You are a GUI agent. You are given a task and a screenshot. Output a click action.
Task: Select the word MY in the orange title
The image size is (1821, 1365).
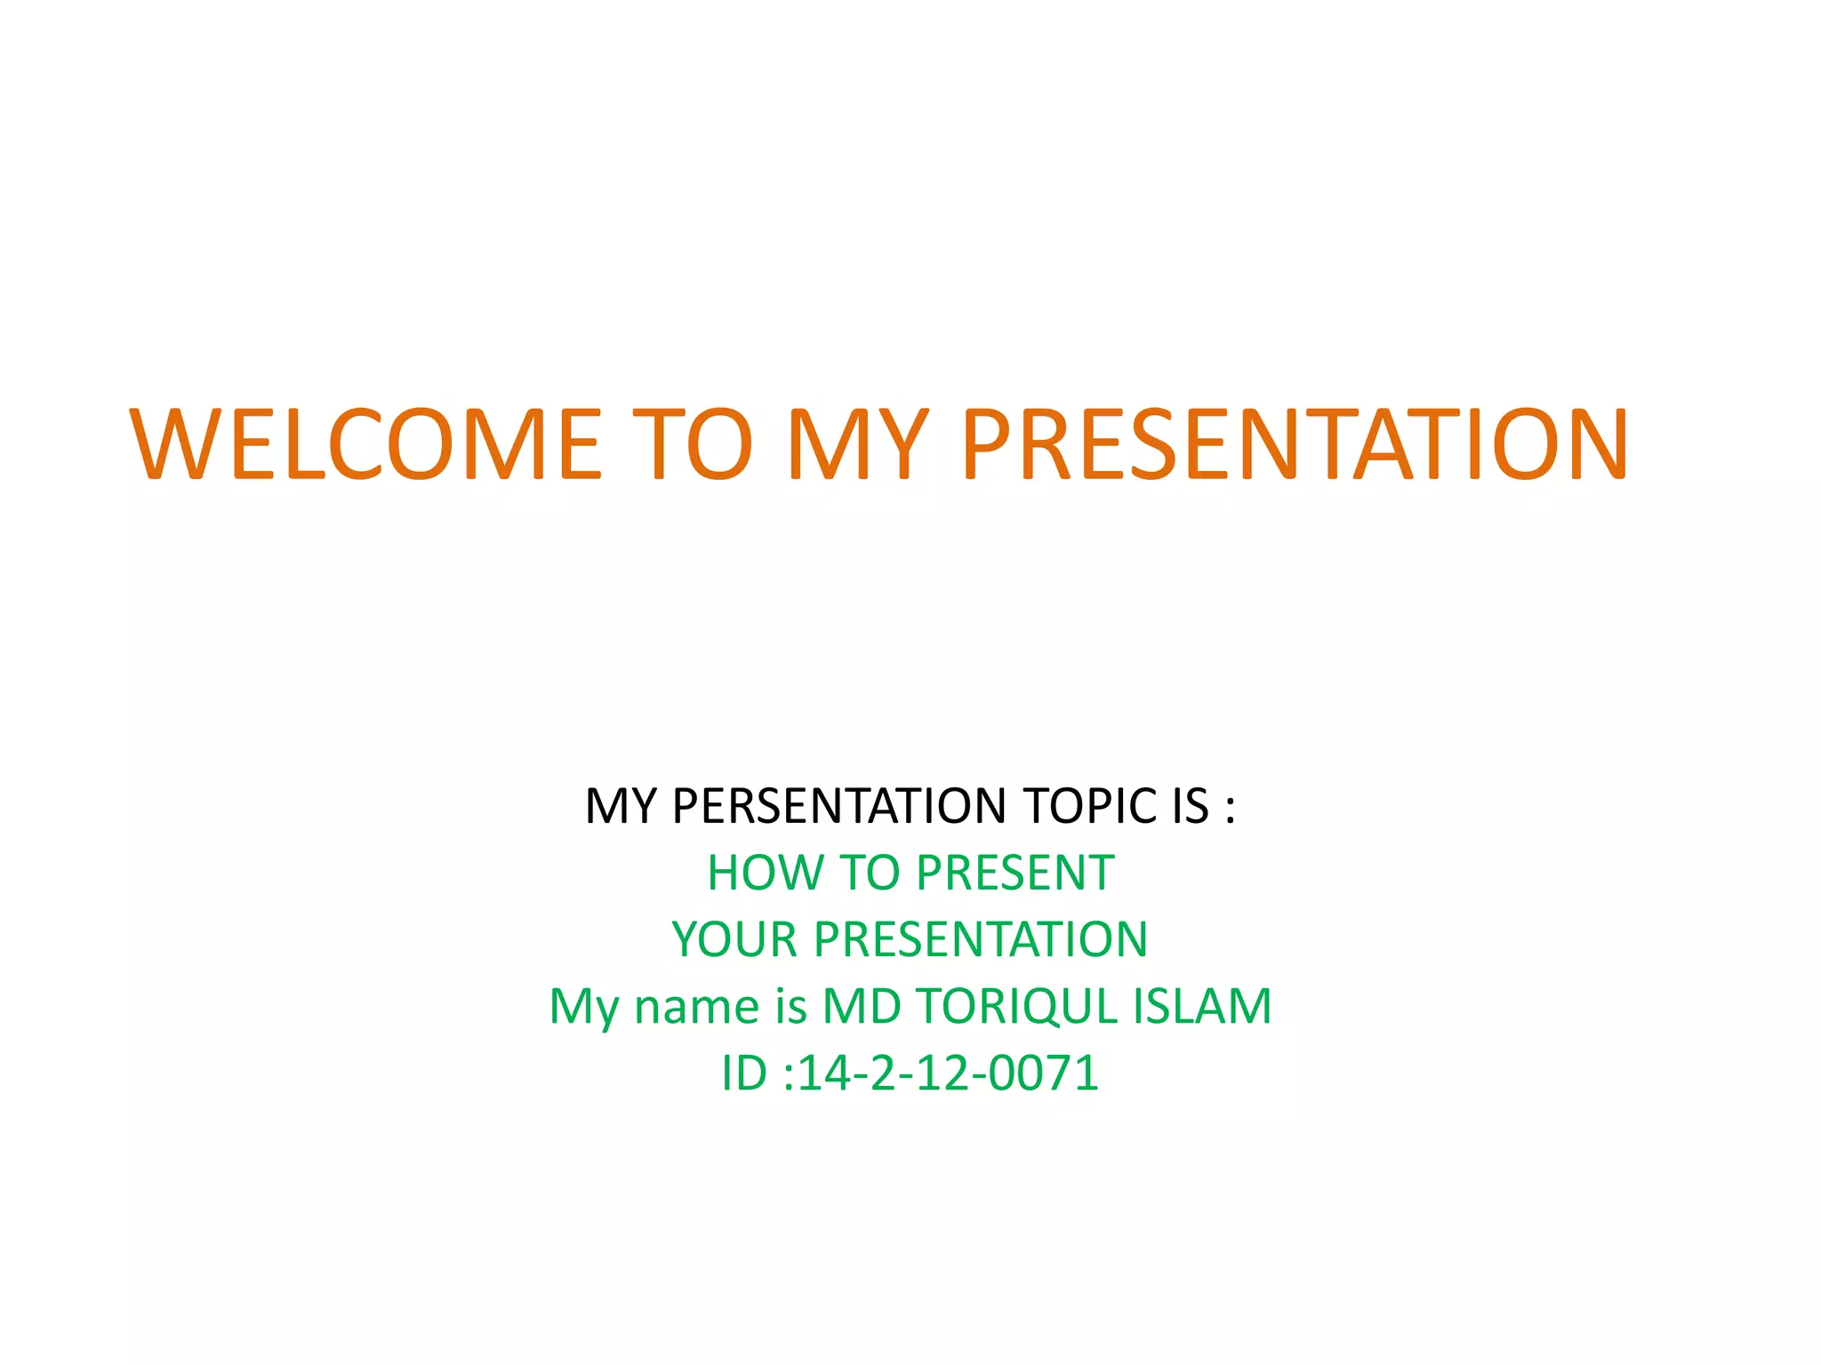[858, 443]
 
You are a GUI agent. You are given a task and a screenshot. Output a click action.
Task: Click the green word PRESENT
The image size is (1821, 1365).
[1015, 873]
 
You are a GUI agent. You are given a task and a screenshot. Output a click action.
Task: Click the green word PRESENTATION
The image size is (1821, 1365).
[981, 939]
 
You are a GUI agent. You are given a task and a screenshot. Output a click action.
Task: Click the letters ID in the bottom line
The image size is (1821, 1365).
[743, 1074]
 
